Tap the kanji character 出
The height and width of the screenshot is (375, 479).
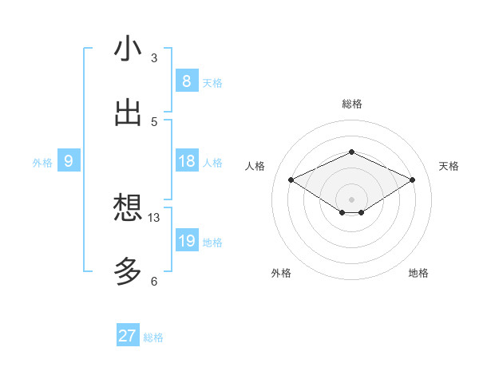[x=128, y=112]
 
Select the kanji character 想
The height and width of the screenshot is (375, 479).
[x=128, y=208]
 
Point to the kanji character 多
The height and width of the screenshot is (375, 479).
[x=128, y=271]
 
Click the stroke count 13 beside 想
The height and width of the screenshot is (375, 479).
[x=154, y=218]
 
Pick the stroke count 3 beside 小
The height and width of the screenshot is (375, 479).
[x=154, y=58]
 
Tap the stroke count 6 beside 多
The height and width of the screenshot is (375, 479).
[x=154, y=281]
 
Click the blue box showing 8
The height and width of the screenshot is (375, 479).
[x=186, y=81]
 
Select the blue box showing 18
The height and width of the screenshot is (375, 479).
[x=186, y=161]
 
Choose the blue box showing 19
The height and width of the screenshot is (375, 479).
[x=186, y=241]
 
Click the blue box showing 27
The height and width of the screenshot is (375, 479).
[x=127, y=336]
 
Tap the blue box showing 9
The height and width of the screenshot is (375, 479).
[x=69, y=161]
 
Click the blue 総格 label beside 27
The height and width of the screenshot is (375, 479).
[x=153, y=337]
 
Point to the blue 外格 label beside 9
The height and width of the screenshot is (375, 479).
[x=42, y=163]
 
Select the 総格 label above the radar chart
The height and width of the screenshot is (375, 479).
[x=351, y=104]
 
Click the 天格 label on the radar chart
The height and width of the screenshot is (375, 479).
[x=449, y=166]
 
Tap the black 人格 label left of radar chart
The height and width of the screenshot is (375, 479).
[x=255, y=166]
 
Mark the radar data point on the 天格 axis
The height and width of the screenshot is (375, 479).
[x=412, y=180]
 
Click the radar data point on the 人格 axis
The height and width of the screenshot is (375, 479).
[x=291, y=180]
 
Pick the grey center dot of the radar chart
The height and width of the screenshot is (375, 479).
[x=351, y=198]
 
